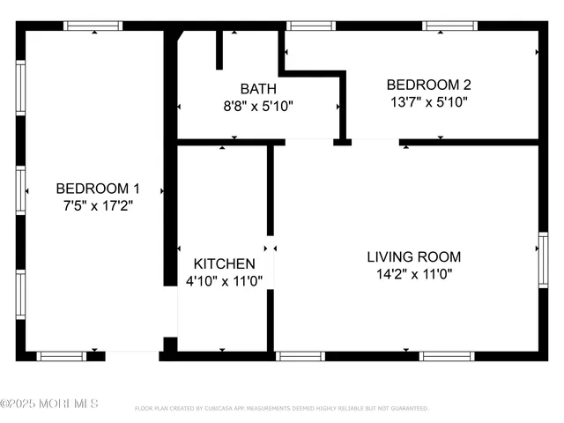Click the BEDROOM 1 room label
98,188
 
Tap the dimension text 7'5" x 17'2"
98,205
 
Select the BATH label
258,89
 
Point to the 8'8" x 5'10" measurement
258,106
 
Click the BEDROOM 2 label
429,85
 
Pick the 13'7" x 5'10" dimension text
429,102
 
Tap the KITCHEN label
225,263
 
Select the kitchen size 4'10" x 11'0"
225,281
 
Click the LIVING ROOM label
414,257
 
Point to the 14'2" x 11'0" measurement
414,274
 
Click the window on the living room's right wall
543,260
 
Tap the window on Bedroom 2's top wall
449,26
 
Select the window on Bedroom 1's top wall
93,26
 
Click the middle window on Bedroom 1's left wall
20,190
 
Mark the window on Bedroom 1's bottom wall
61,356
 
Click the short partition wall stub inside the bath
219,50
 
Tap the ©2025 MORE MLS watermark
49,404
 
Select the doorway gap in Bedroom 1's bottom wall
132,356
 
